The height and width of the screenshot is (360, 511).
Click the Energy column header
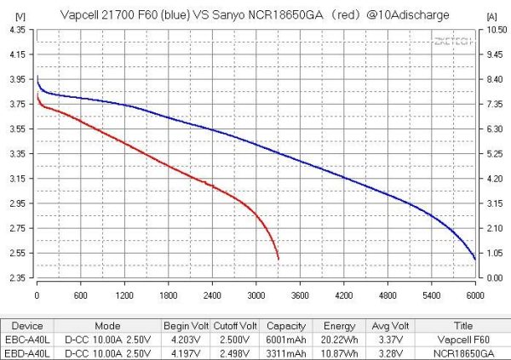(x=334, y=324)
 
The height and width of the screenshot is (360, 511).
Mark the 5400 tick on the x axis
(x=432, y=294)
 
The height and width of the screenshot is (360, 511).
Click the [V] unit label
(x=19, y=14)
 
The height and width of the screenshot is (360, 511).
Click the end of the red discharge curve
(x=278, y=260)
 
